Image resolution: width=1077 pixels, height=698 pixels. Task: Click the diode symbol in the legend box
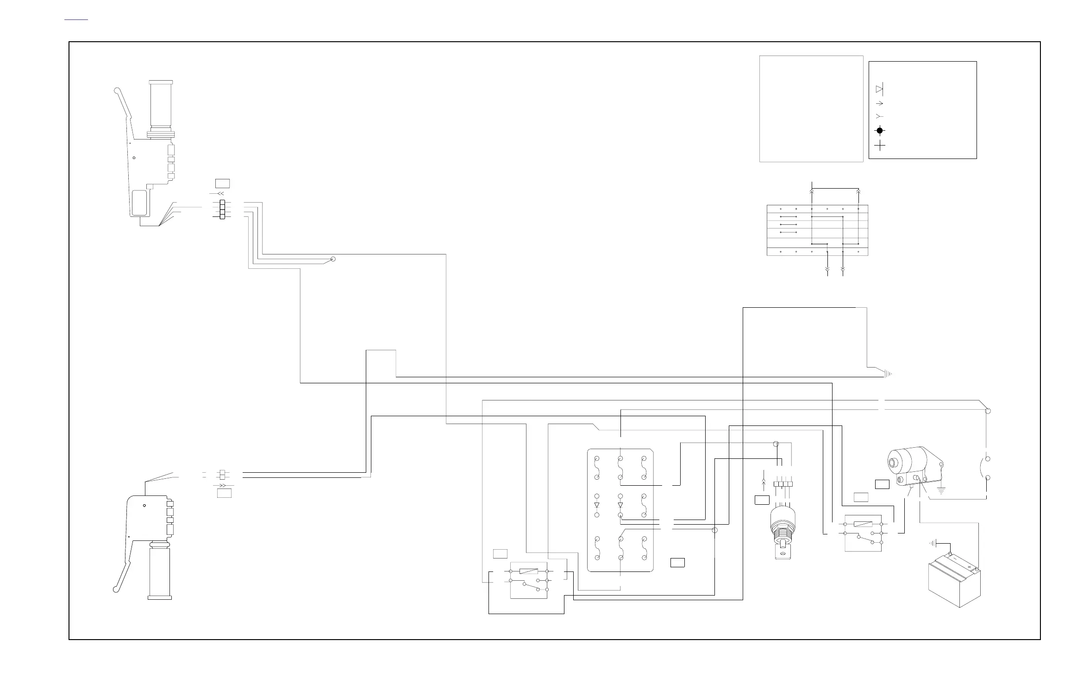coord(879,89)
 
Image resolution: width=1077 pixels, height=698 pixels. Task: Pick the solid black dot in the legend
coord(880,131)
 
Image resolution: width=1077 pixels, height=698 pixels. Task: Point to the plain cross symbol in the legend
coord(880,146)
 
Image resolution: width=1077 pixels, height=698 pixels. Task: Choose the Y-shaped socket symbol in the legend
coord(879,116)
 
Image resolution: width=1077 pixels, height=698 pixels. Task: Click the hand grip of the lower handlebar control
coord(160,572)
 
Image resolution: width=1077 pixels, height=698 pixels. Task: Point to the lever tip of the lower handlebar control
coord(115,590)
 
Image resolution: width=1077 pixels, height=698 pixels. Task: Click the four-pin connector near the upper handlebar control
coord(222,209)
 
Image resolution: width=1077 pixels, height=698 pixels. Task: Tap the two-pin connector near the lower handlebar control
coord(223,475)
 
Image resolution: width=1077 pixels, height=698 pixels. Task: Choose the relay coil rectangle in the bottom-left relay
coord(529,571)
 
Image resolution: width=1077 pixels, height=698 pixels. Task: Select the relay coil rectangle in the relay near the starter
coord(863,524)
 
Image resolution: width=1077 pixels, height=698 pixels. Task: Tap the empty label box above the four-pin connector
coord(222,183)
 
